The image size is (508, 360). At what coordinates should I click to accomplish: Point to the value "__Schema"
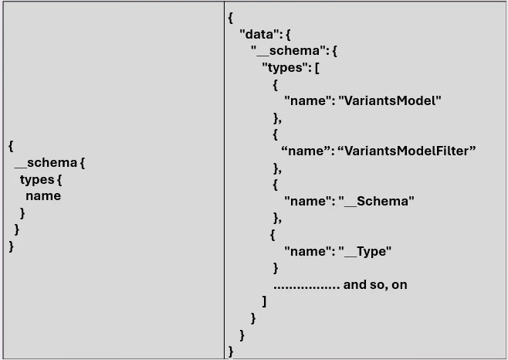377,201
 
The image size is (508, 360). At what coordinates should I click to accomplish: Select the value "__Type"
365,251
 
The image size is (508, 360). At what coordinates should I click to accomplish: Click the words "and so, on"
375,284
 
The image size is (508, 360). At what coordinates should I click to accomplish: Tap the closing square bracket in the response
264,301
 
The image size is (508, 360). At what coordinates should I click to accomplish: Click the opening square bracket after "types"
316,68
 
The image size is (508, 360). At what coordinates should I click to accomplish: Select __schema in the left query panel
46,162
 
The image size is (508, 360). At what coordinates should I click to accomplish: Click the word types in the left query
37,179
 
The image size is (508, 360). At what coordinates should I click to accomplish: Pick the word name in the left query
43,195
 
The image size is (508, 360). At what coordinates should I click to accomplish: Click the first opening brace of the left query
11,145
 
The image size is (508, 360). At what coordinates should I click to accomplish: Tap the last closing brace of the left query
11,246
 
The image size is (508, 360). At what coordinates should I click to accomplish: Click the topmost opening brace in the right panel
231,18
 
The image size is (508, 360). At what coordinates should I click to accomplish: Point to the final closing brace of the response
231,352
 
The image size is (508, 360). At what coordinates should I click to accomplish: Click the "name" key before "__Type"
303,251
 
